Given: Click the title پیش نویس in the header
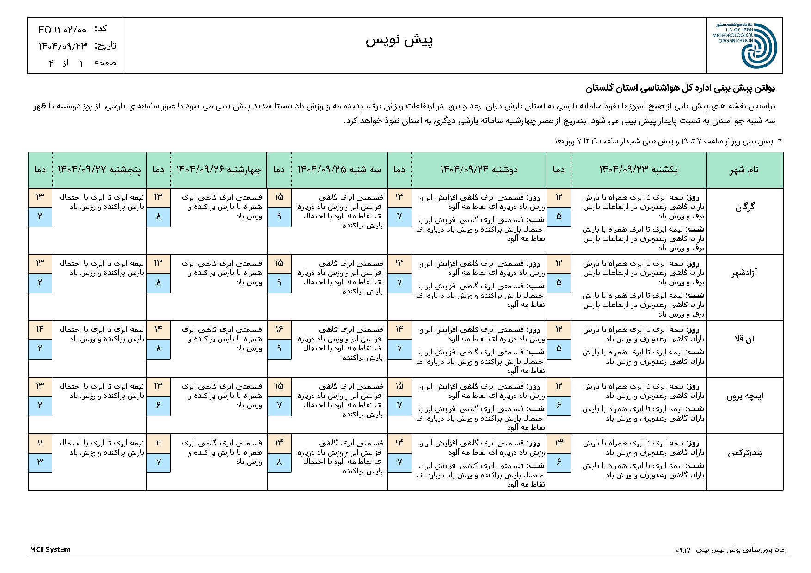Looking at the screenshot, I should pyautogui.click(x=399, y=41).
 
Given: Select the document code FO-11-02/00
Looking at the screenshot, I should pyautogui.click(x=62, y=30).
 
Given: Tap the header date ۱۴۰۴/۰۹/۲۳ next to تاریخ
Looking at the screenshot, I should pyautogui.click(x=63, y=46).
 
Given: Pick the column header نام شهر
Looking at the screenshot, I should pyautogui.click(x=744, y=170).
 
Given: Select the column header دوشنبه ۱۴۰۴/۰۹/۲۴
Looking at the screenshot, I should pyautogui.click(x=479, y=170).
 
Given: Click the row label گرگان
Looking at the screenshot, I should pyautogui.click(x=745, y=207).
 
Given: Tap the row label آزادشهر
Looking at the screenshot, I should pyautogui.click(x=744, y=273).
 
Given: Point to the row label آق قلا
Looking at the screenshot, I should pyautogui.click(x=744, y=339).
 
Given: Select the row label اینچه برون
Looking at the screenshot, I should pyautogui.click(x=744, y=396).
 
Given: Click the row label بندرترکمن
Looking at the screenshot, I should pyautogui.click(x=744, y=453).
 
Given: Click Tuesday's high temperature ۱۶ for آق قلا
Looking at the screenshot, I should pyautogui.click(x=279, y=329).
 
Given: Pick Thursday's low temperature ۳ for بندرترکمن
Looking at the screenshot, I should pyautogui.click(x=40, y=462).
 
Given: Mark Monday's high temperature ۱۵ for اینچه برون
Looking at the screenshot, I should pyautogui.click(x=399, y=386).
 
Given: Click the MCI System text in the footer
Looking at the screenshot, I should pyautogui.click(x=50, y=549).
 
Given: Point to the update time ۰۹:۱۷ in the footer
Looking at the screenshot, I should pyautogui.click(x=683, y=550).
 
